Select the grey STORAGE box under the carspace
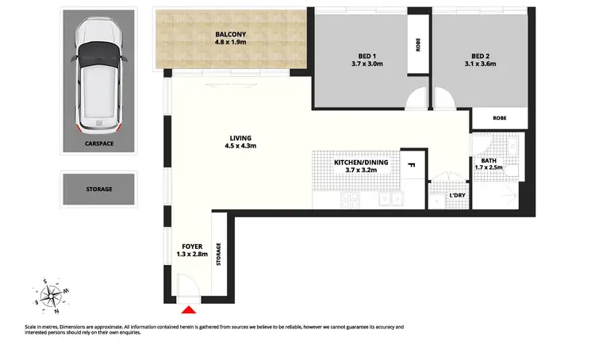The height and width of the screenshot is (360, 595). click(99, 190)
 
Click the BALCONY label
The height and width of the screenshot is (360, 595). click(231, 34)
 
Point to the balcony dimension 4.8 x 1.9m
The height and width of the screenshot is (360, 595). click(231, 43)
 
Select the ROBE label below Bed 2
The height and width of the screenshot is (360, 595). click(499, 117)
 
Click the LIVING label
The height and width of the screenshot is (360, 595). click(240, 137)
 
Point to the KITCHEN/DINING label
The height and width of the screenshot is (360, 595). click(361, 162)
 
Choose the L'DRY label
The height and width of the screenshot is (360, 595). click(456, 195)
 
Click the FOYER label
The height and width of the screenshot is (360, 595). click(191, 246)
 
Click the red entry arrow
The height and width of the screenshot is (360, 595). click(189, 312)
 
